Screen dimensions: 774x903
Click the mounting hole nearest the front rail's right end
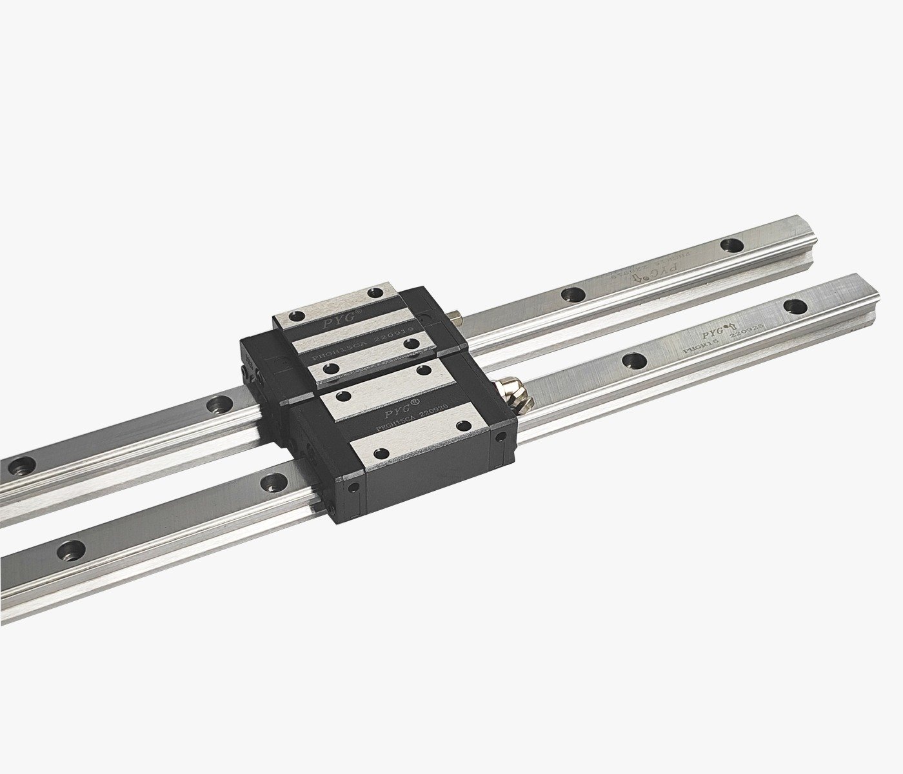click(795, 305)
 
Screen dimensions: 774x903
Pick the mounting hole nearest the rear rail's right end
click(731, 244)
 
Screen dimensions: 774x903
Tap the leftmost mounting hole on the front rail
click(71, 550)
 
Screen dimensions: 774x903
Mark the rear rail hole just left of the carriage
click(217, 405)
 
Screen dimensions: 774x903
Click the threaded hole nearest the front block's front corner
click(381, 453)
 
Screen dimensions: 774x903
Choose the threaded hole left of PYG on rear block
click(296, 317)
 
